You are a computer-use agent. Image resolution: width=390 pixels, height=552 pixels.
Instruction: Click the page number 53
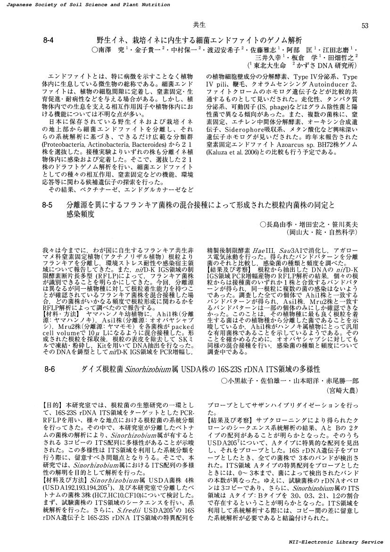[x=365, y=25]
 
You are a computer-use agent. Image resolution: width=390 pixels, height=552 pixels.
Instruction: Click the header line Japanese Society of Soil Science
[x=85, y=4]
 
